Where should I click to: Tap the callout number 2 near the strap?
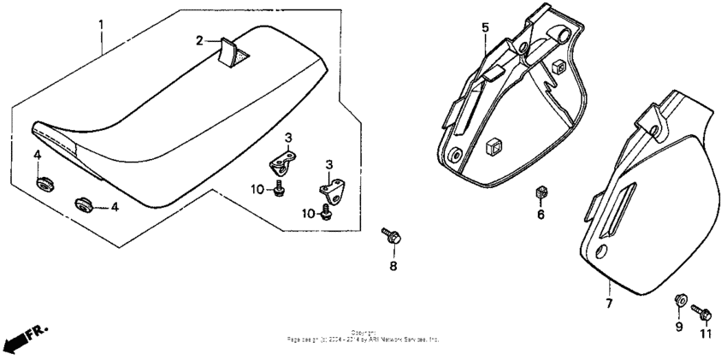(198, 40)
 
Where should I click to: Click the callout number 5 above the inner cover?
(485, 28)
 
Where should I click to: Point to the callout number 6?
(540, 215)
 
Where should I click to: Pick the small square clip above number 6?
(540, 192)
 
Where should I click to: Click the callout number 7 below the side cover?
(609, 303)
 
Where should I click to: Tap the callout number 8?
(393, 266)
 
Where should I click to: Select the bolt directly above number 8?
(392, 234)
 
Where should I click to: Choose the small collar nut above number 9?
(680, 298)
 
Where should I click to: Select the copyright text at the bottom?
(363, 336)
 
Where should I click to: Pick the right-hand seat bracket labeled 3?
(333, 187)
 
